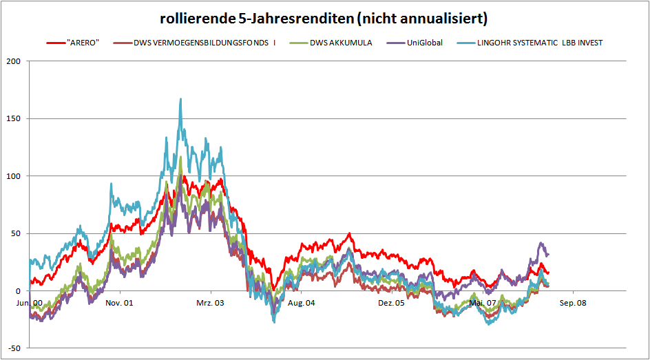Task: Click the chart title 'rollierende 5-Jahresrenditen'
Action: (324, 17)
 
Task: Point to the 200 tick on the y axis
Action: (13, 61)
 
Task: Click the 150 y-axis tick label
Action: (13, 118)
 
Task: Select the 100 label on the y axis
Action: (13, 176)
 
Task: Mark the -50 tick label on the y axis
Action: (13, 348)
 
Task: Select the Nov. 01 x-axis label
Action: (119, 302)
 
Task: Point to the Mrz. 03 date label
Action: (209, 302)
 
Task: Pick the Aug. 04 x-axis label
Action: (301, 302)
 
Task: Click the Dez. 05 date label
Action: (391, 302)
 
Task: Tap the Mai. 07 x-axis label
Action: (482, 302)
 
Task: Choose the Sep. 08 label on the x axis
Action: (572, 302)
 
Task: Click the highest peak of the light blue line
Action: (180, 98)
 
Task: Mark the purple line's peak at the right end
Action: (541, 243)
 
